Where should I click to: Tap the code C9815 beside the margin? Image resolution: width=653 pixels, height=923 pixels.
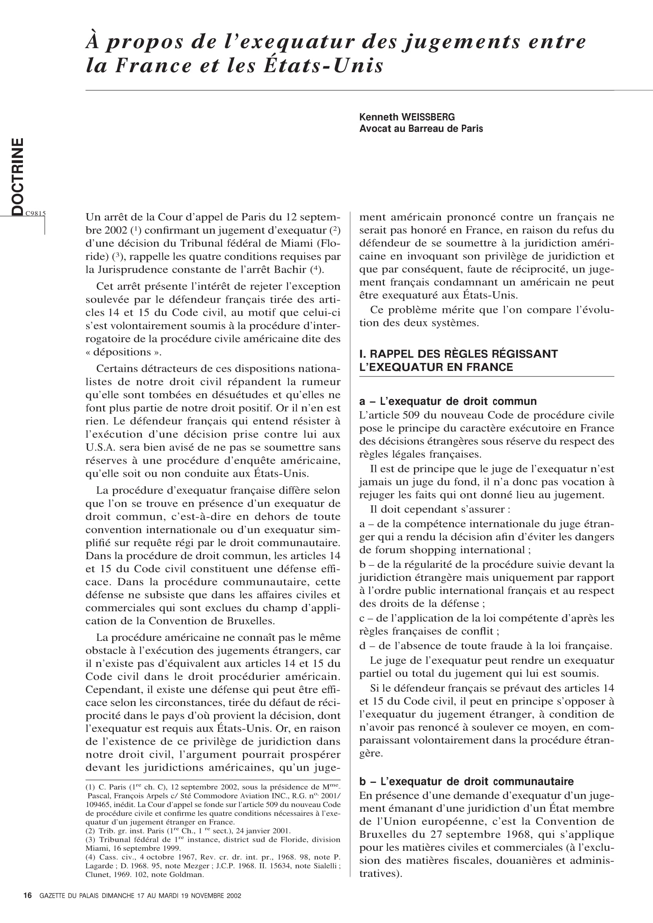(36, 213)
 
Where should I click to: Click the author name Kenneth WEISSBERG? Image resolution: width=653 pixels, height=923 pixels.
(407, 117)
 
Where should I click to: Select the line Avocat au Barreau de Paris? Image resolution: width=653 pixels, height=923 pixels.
(421, 129)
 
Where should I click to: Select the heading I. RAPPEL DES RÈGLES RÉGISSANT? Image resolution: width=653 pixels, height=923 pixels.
(458, 354)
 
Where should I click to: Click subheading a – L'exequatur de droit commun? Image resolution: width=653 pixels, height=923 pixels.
(448, 401)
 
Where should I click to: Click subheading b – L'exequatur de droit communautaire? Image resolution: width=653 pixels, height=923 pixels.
(466, 781)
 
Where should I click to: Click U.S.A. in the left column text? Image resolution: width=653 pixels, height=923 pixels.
(100, 447)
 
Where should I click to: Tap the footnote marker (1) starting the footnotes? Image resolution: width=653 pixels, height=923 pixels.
(90, 787)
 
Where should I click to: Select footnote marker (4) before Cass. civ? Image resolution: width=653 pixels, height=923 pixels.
(90, 857)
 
